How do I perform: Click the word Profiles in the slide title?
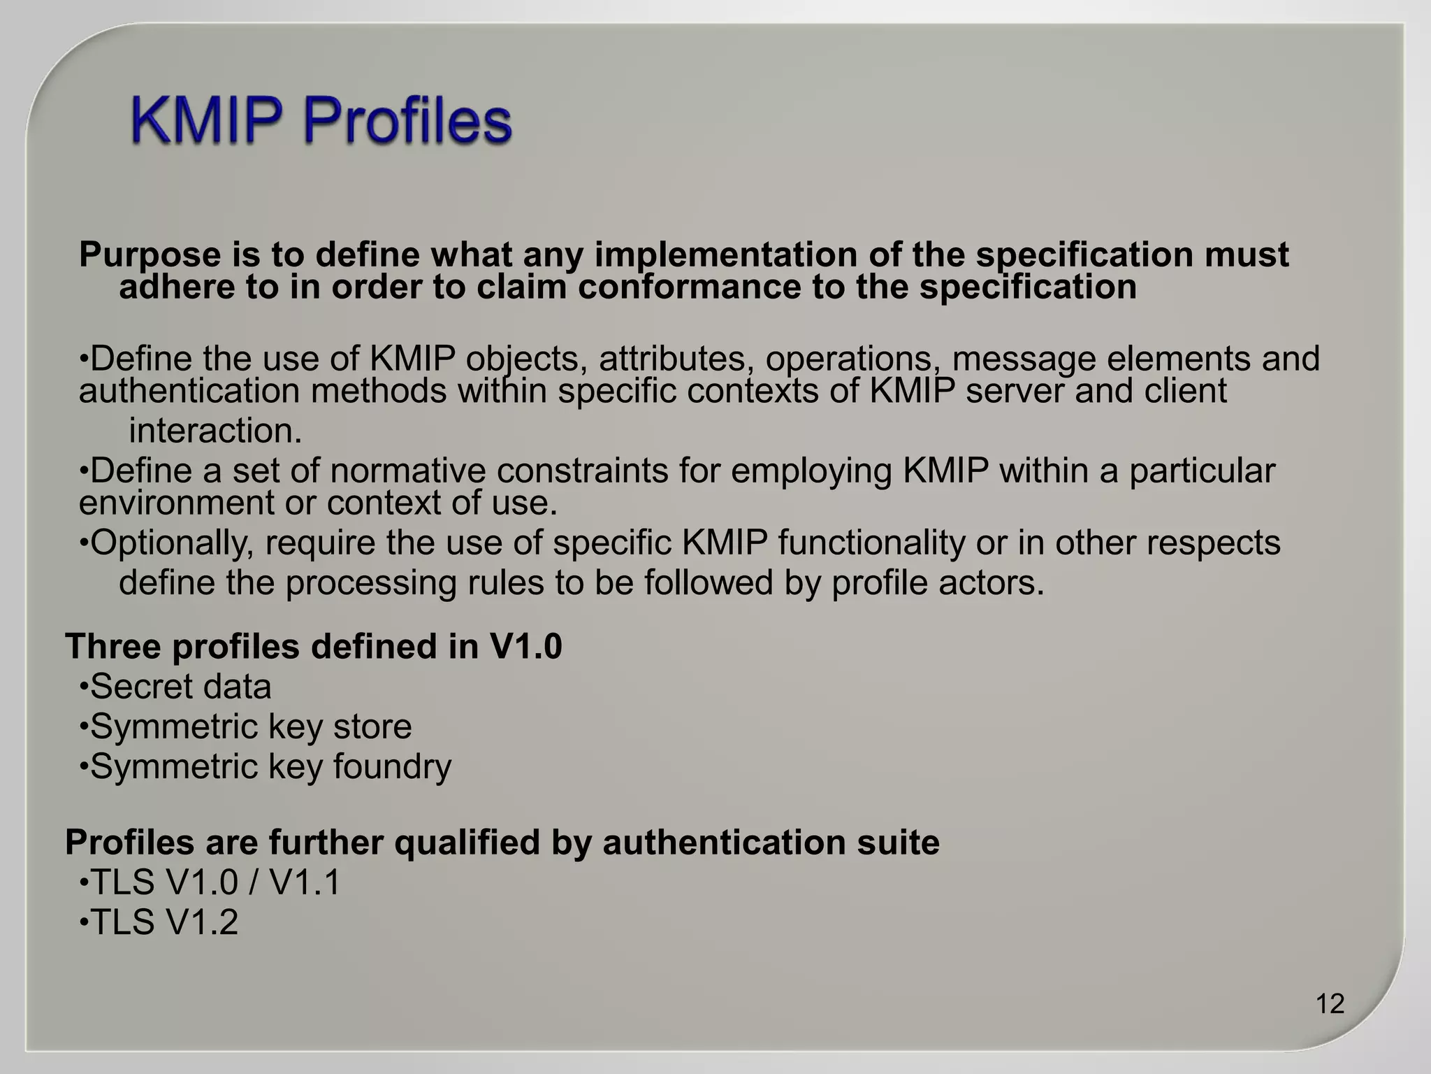click(407, 120)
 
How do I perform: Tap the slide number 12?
click(1330, 1004)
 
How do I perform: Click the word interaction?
click(215, 431)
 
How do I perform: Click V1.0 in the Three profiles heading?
click(525, 647)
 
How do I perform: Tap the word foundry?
click(392, 767)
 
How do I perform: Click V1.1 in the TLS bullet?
click(305, 882)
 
